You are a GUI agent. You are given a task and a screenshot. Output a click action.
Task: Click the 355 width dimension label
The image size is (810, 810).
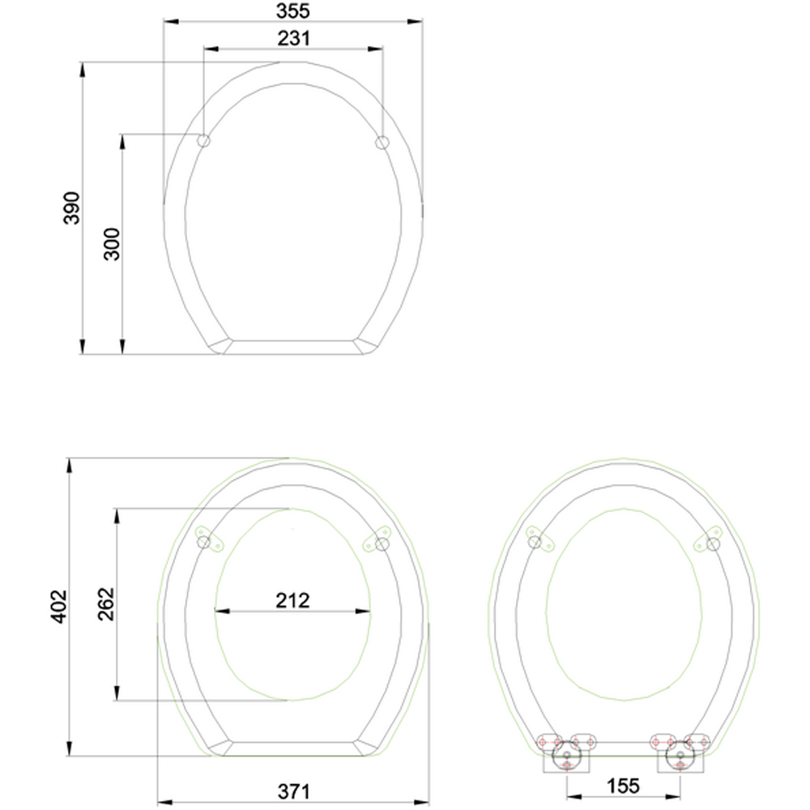[x=293, y=11]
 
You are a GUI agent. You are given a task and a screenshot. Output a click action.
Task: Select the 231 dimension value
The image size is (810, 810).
[x=294, y=38]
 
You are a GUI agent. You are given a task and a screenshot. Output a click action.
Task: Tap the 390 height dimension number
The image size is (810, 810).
[x=72, y=208]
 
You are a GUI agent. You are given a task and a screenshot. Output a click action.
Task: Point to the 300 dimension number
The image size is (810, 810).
[x=112, y=245]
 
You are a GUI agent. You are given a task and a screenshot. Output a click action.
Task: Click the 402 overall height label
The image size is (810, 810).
[x=59, y=607]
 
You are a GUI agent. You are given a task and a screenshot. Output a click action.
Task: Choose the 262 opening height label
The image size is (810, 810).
[x=106, y=604]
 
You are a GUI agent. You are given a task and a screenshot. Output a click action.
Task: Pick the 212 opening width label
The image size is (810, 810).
[x=292, y=600]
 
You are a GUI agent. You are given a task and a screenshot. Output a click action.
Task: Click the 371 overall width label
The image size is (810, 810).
[x=294, y=791]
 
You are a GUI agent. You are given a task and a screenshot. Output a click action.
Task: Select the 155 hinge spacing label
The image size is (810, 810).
[x=623, y=786]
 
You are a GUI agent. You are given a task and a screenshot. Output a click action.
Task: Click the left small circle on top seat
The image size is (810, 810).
[x=204, y=140]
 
